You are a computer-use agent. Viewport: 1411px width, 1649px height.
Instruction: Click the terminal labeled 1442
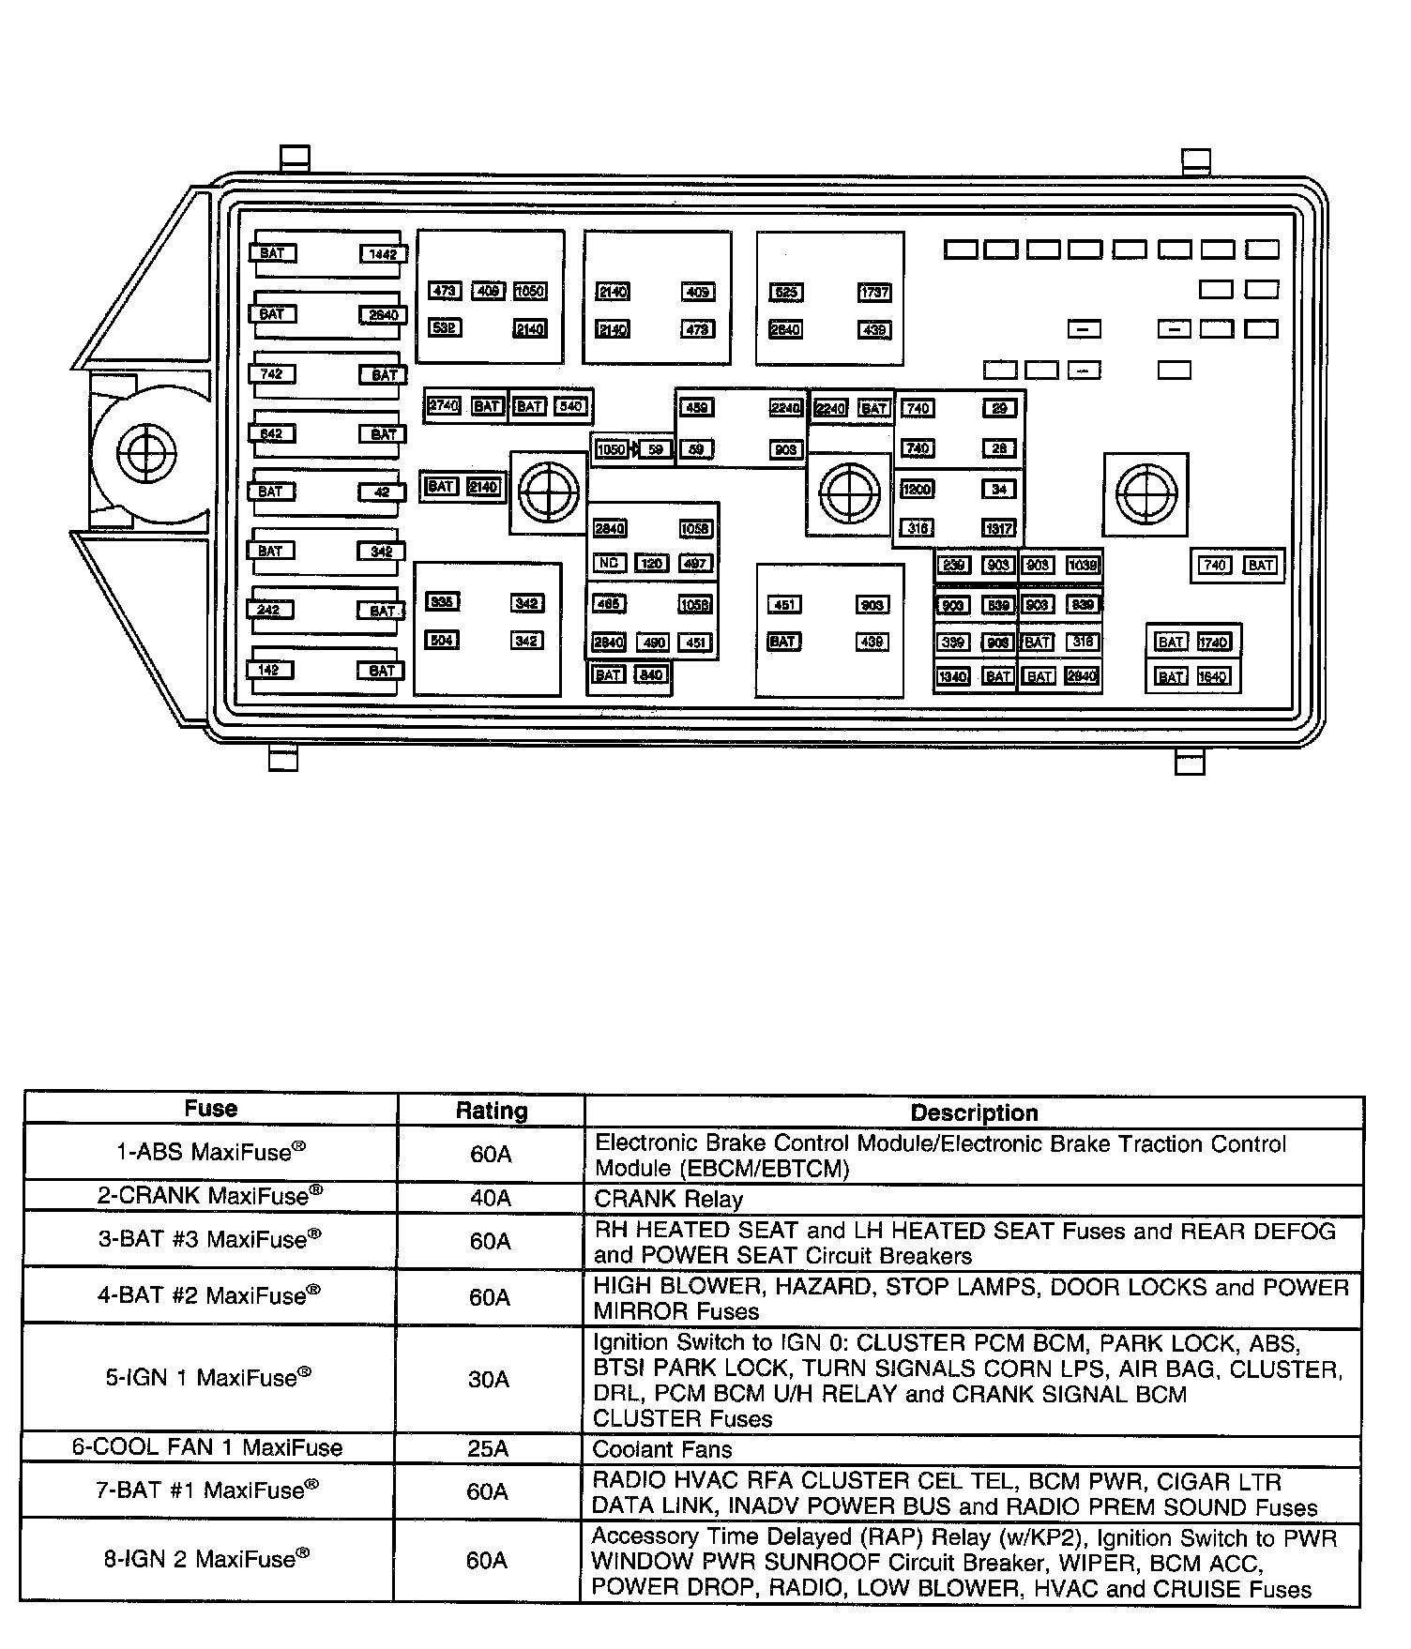pos(383,254)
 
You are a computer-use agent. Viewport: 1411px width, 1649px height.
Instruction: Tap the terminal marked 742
pos(271,374)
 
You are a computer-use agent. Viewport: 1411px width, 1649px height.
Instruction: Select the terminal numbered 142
pos(269,670)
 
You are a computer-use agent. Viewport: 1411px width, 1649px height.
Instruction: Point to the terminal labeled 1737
pos(874,293)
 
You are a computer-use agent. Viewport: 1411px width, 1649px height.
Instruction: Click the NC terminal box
pos(609,564)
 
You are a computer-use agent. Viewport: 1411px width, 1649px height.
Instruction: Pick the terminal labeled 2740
pos(443,406)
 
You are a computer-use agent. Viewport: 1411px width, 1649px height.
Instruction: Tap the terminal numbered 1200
pos(917,489)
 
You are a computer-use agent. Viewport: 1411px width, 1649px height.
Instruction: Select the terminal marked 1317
pos(998,528)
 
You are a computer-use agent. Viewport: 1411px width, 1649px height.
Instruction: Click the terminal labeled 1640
pos(1213,676)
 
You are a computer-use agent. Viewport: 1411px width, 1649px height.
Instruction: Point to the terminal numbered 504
pos(442,641)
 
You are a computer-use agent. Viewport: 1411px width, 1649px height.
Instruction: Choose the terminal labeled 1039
pos(1082,565)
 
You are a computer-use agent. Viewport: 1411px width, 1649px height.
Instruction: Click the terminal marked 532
pos(445,328)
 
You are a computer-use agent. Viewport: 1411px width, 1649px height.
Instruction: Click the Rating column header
pos(491,1112)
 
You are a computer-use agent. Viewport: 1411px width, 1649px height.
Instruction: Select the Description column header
pos(974,1112)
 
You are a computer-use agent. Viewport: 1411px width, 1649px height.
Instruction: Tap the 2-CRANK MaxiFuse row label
pos(210,1196)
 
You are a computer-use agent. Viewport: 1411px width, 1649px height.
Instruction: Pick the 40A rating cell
pos(490,1198)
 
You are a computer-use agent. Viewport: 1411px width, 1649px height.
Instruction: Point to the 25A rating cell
pos(488,1448)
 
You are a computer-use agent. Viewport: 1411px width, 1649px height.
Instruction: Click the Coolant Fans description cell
pos(662,1449)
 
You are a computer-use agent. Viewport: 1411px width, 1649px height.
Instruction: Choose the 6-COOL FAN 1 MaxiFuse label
pos(207,1447)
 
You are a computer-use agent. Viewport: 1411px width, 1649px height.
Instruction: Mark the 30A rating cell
pos(489,1379)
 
